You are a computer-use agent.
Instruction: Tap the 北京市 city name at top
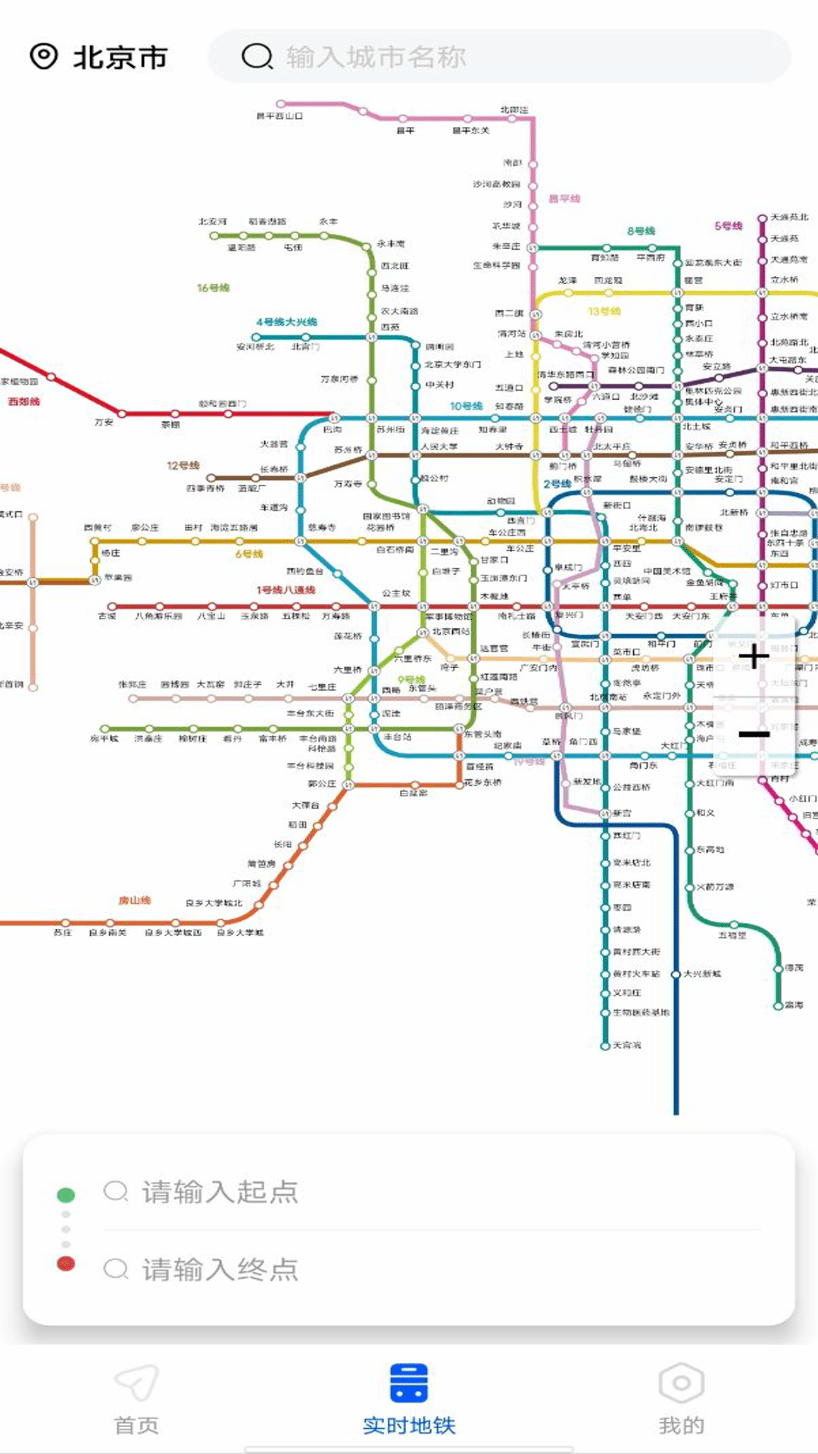pos(120,58)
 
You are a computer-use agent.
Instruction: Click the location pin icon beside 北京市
pos(44,56)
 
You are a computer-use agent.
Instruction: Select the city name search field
pos(500,57)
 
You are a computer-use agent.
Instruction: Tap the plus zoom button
pos(754,657)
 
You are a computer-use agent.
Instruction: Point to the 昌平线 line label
pos(564,198)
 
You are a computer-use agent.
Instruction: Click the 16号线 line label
pos(213,288)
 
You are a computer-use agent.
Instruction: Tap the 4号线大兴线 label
pos(286,322)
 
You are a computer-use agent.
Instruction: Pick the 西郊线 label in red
pos(23,401)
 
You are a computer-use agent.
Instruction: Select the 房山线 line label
pos(135,900)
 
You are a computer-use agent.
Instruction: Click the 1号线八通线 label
pos(286,590)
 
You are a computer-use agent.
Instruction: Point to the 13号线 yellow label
pos(604,311)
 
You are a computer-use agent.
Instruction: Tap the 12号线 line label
pos(183,465)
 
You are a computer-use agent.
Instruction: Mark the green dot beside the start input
pos(66,1195)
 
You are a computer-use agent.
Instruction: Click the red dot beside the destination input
pos(66,1263)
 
